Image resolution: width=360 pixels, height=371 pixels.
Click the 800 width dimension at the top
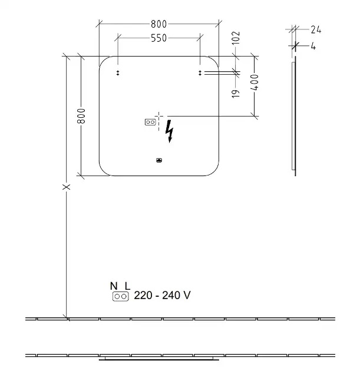coord(159,24)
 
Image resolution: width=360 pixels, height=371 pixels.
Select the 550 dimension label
coord(159,38)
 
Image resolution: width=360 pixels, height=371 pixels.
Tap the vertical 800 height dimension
coord(81,116)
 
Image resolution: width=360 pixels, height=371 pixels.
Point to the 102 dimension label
coord(236,38)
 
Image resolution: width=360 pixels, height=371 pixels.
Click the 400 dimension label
coord(255,82)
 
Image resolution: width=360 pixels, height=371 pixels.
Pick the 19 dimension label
coord(236,94)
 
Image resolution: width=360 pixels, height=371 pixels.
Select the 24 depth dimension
coord(316,30)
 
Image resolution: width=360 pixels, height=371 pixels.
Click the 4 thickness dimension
coord(313,46)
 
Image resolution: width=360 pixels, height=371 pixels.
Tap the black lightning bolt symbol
coord(170,131)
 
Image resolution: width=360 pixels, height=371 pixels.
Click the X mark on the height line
coord(66,187)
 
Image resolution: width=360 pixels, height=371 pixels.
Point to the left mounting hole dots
coord(118,73)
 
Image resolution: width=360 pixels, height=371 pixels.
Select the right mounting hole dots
coord(200,73)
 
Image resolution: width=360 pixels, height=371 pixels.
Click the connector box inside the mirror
coord(150,122)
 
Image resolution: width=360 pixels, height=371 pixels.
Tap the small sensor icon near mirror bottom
coord(159,160)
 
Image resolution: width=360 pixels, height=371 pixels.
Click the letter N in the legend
coord(114,286)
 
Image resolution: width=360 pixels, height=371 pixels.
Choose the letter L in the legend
coord(127,286)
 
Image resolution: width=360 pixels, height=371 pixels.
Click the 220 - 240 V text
coord(162,295)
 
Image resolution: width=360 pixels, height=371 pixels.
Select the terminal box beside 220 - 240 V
coord(121,296)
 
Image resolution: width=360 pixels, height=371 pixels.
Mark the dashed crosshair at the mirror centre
coord(159,116)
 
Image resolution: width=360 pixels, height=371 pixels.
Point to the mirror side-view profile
coord(294,116)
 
